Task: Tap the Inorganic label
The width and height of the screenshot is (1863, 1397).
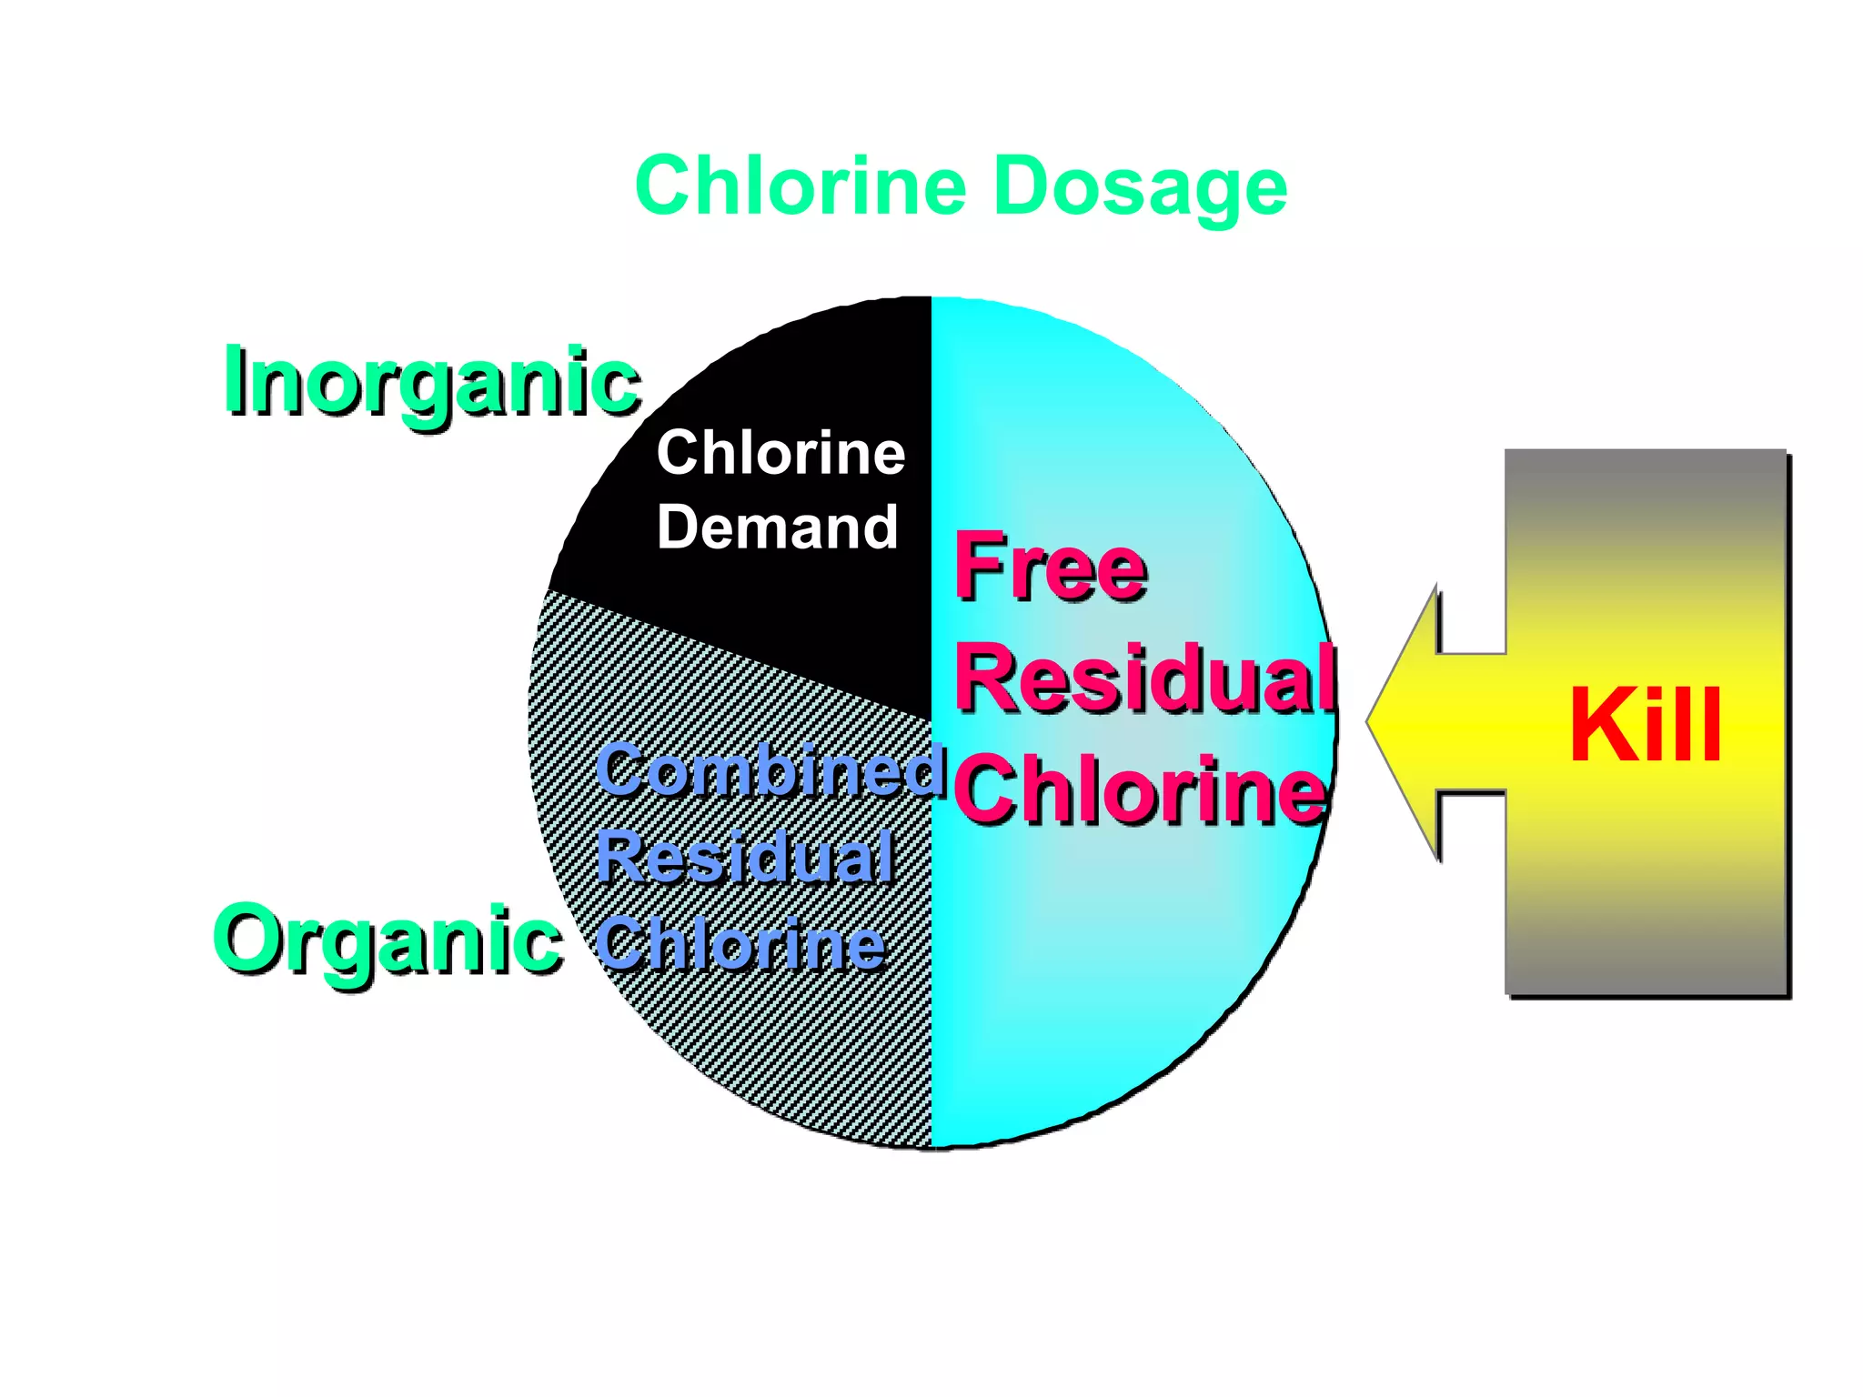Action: [431, 382]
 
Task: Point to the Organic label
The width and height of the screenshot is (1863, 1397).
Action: [387, 941]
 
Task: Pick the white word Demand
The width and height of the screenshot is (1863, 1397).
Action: [778, 528]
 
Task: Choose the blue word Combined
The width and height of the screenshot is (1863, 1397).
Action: [770, 771]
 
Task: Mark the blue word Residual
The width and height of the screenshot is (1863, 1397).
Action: [744, 857]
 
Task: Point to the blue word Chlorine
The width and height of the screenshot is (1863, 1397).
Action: [740, 944]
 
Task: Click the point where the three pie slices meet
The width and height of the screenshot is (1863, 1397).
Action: [931, 721]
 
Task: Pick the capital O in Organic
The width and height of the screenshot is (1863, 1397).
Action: [249, 939]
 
